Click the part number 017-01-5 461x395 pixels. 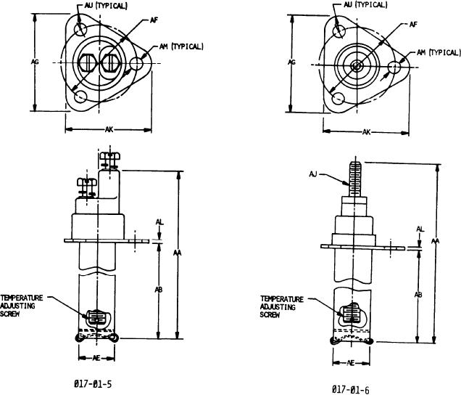click(x=93, y=384)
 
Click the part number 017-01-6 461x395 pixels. click(x=350, y=390)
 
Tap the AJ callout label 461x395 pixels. click(x=313, y=174)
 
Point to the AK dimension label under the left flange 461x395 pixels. click(x=109, y=129)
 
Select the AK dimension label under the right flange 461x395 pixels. click(x=366, y=132)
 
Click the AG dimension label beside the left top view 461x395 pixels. click(x=35, y=62)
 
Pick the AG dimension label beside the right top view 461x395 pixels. click(x=291, y=62)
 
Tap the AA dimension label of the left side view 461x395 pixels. click(x=178, y=253)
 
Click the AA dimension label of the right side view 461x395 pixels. click(x=436, y=241)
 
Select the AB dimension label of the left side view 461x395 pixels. click(x=159, y=290)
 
